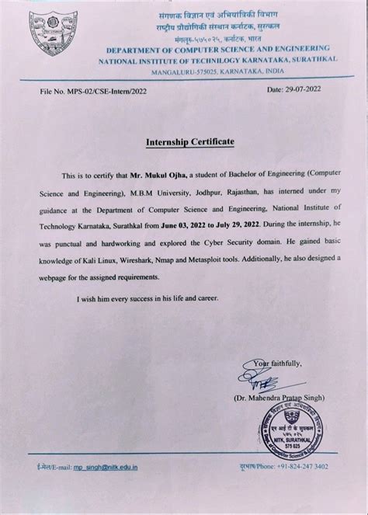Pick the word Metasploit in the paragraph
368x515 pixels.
click(227, 263)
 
